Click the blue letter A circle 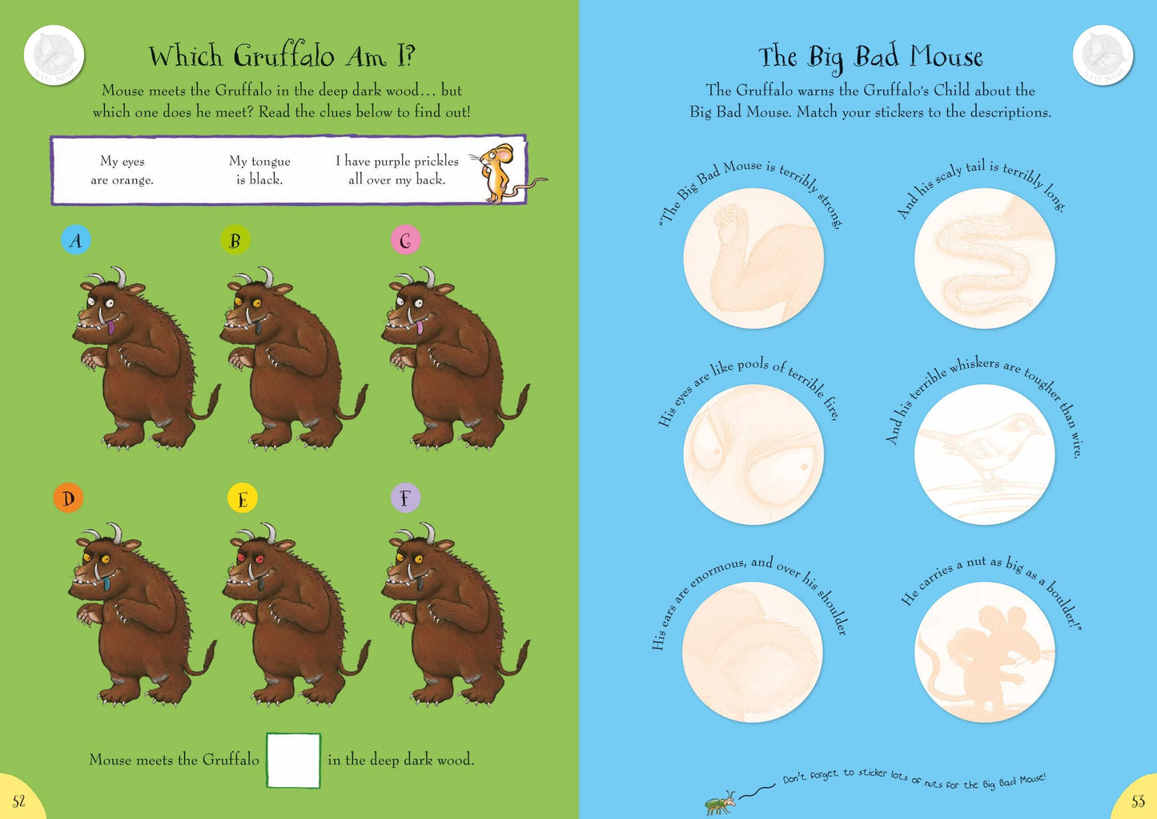(x=76, y=240)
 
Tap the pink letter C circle (x=405, y=240)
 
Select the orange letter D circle (x=69, y=498)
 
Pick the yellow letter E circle (x=242, y=498)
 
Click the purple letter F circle (x=404, y=498)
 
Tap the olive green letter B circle (x=235, y=240)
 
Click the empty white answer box (x=293, y=760)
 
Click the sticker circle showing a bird (x=984, y=454)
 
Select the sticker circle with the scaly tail (x=984, y=259)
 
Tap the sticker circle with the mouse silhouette (x=984, y=652)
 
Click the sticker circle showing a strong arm (x=753, y=259)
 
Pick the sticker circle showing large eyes (x=753, y=454)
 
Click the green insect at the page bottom (x=720, y=802)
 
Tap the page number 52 (x=19, y=801)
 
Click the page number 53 (x=1138, y=801)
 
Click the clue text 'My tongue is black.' (x=259, y=170)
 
